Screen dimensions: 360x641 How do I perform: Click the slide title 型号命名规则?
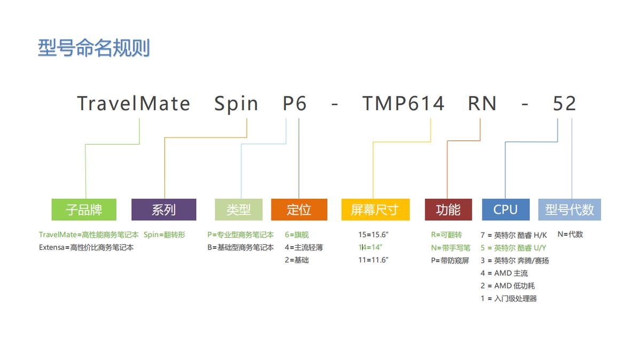point(93,48)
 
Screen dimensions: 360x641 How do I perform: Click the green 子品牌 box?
point(84,210)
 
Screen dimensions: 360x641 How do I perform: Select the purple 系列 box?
point(163,210)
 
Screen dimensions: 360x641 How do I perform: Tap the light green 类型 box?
point(238,210)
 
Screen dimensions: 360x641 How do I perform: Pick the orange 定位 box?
point(299,210)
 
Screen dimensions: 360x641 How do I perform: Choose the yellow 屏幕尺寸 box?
point(375,210)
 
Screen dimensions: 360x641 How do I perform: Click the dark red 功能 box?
point(448,210)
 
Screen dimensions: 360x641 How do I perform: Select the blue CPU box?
point(505,210)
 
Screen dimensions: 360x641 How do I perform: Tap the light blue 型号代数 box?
point(569,210)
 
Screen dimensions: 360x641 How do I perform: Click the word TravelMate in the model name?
point(134,104)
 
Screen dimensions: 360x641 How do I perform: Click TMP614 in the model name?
point(403,104)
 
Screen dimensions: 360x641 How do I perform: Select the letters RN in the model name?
point(482,104)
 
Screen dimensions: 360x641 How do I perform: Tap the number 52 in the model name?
point(564,104)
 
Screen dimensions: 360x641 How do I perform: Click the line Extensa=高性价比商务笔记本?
point(86,248)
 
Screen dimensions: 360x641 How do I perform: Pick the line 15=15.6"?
point(373,234)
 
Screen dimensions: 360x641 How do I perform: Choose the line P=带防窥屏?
point(450,260)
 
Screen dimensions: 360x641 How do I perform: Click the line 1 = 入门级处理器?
point(509,299)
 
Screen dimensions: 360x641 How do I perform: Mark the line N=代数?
point(570,234)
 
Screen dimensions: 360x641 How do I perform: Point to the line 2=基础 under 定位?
point(296,260)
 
